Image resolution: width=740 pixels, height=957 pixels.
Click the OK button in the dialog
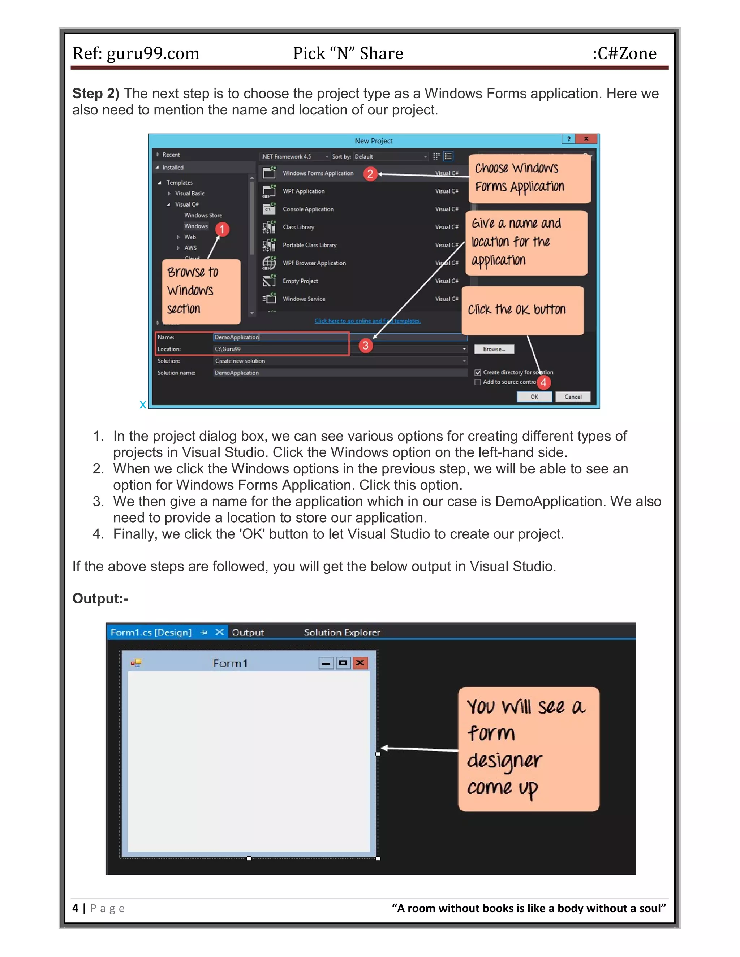pyautogui.click(x=534, y=397)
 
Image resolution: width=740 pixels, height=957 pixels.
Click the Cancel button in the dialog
pyautogui.click(x=573, y=397)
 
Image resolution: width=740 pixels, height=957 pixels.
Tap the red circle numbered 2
pyautogui.click(x=370, y=174)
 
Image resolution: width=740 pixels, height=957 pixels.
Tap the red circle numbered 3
pyautogui.click(x=365, y=345)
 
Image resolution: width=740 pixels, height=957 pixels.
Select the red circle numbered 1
pyautogui.click(x=222, y=229)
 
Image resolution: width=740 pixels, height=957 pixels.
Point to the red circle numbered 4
pyautogui.click(x=543, y=382)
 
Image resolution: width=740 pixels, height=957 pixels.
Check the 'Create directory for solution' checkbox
pyautogui.click(x=478, y=372)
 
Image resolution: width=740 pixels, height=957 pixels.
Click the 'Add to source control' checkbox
pyautogui.click(x=478, y=382)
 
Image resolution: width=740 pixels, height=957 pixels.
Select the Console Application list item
pyautogui.click(x=308, y=209)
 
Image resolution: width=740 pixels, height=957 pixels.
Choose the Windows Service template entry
pyautogui.click(x=304, y=299)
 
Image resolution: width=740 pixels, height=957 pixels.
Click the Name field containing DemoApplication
pyautogui.click(x=280, y=337)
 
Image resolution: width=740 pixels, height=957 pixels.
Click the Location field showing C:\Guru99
pyautogui.click(x=280, y=349)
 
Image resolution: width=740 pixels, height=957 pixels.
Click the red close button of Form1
pyautogui.click(x=360, y=663)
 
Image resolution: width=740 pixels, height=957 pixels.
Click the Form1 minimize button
pyautogui.click(x=326, y=663)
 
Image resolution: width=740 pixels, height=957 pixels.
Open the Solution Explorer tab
pyautogui.click(x=342, y=632)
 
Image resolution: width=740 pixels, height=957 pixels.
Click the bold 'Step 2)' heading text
pyautogui.click(x=95, y=93)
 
